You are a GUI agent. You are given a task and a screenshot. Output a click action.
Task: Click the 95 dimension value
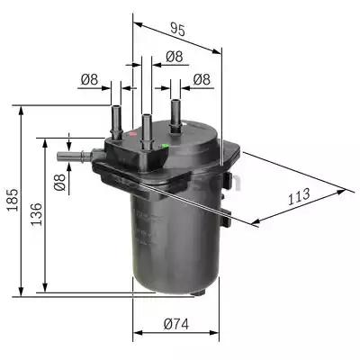(x=177, y=30)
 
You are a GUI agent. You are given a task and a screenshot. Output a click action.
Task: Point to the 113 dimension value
(x=299, y=195)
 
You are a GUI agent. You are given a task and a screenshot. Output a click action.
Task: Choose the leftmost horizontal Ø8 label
(x=88, y=80)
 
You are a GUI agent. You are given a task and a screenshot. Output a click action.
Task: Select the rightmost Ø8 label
(x=202, y=80)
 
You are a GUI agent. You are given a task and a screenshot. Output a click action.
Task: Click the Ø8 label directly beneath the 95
(x=174, y=57)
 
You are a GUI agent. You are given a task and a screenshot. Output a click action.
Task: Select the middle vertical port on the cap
(x=144, y=123)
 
